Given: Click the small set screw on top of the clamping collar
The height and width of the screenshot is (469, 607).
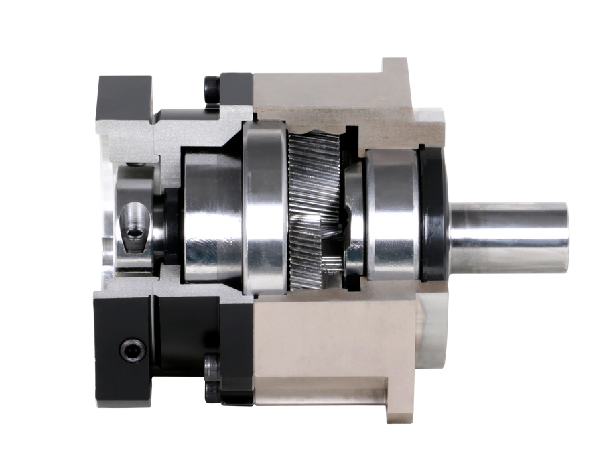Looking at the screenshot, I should click(x=138, y=165).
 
